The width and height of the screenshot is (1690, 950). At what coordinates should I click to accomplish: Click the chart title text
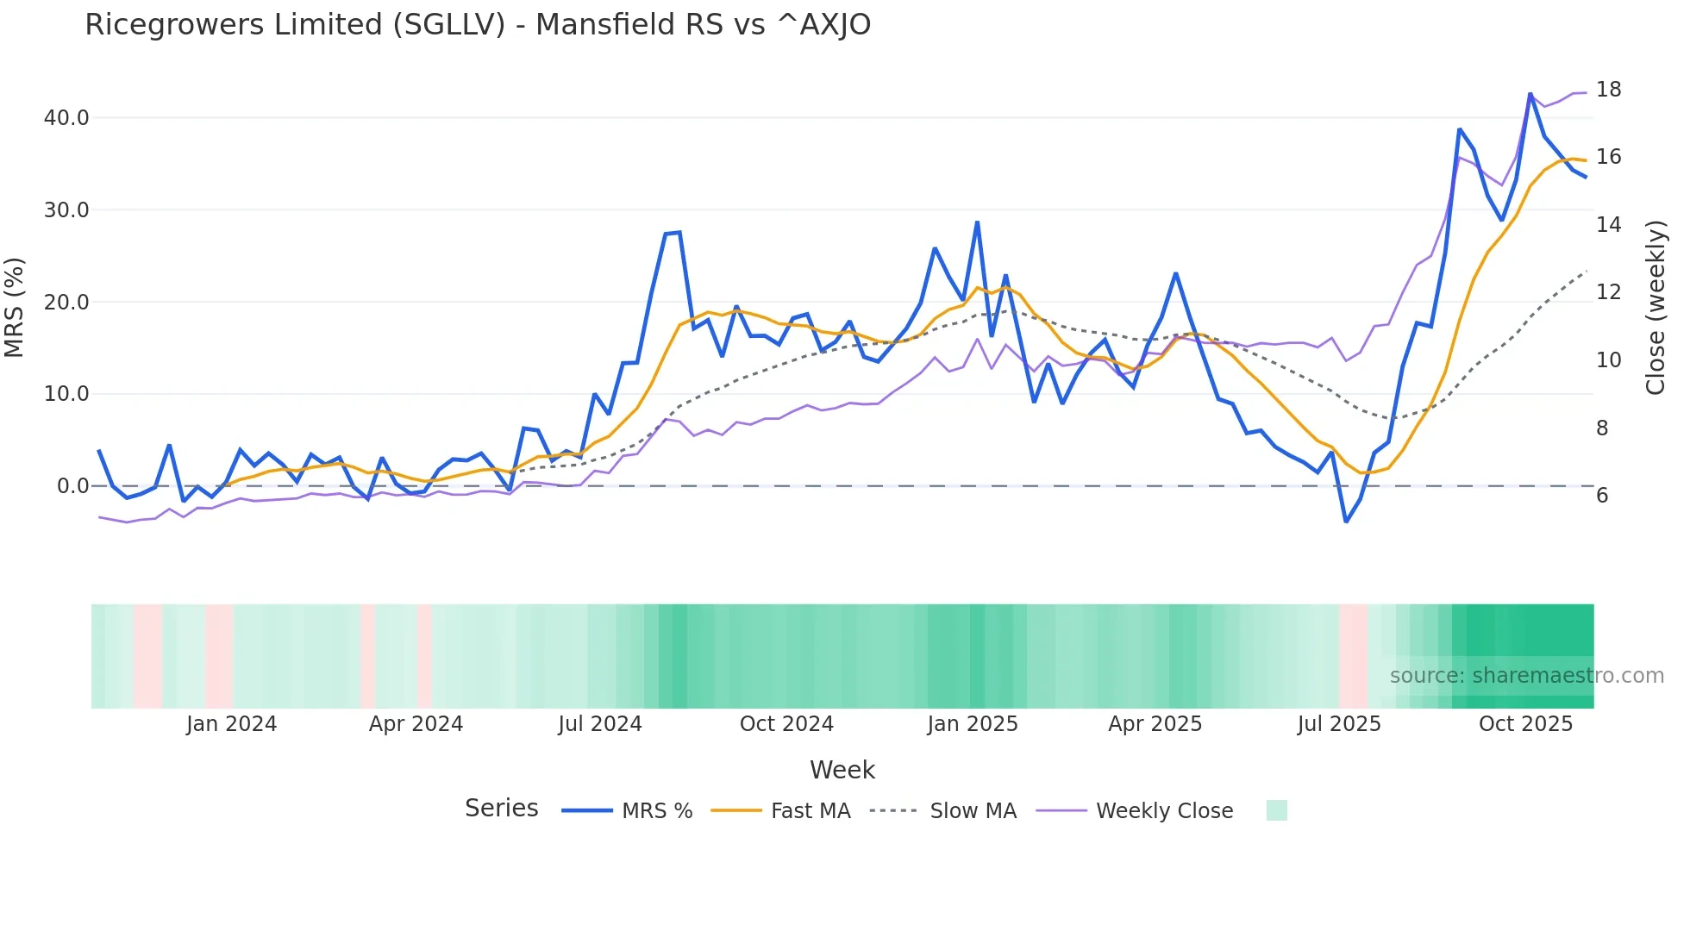(478, 25)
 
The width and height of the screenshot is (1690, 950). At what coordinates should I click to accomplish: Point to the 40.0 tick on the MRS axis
(66, 118)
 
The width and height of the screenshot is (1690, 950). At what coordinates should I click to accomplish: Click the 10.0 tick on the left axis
(66, 394)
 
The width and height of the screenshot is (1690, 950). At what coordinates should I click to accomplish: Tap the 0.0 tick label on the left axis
(73, 486)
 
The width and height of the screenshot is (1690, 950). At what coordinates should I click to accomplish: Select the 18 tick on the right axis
(1608, 90)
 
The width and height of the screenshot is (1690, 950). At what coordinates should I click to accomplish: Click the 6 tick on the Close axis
(1602, 496)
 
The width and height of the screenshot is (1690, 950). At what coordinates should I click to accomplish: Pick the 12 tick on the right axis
(1608, 292)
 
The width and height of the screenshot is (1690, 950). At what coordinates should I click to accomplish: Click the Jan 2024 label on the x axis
(231, 724)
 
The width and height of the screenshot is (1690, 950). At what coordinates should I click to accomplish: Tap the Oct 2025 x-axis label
(1525, 724)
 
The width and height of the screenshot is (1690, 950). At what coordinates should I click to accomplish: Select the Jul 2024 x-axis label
(600, 724)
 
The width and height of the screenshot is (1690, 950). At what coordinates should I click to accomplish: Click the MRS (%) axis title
(15, 307)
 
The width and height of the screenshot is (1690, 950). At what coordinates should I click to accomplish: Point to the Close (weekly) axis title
(1655, 307)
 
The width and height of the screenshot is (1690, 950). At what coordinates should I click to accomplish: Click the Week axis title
(842, 770)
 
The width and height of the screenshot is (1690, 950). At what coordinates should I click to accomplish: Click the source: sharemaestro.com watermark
(1526, 676)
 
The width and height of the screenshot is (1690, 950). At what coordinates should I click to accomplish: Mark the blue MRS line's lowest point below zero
(1346, 522)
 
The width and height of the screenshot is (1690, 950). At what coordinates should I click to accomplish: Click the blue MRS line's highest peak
(1530, 94)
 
